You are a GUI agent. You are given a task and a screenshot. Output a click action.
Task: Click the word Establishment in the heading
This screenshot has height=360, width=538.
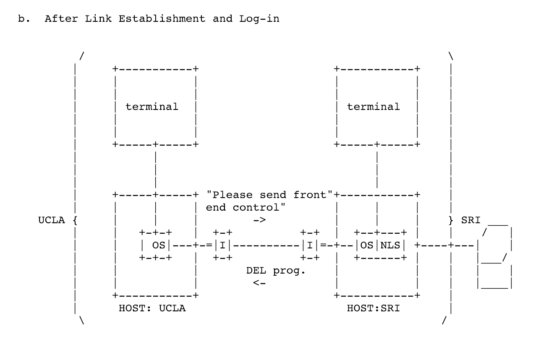(162, 19)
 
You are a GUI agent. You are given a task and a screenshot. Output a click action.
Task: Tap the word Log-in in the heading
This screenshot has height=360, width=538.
(259, 19)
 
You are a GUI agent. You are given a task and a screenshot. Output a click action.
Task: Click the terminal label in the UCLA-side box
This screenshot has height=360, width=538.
(152, 107)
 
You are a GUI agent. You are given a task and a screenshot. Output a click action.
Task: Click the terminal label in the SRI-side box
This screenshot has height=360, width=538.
(373, 107)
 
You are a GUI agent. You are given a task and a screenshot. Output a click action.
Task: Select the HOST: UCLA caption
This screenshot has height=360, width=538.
(152, 308)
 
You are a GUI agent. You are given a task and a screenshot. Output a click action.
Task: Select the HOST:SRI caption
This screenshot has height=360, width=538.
(373, 308)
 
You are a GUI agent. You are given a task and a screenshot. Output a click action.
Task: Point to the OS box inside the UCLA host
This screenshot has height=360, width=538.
(156, 245)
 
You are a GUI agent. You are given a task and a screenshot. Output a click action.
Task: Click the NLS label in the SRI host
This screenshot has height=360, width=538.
(390, 245)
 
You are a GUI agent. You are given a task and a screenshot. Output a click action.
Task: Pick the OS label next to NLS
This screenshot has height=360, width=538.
(367, 245)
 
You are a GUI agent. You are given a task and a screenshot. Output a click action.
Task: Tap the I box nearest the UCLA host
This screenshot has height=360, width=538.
(223, 245)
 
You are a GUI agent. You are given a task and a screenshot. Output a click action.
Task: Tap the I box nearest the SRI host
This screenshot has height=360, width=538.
(310, 245)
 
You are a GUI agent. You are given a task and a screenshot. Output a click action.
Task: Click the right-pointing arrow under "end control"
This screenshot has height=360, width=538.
(260, 220)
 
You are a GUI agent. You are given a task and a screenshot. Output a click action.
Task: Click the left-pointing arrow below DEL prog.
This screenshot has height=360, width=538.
(259, 283)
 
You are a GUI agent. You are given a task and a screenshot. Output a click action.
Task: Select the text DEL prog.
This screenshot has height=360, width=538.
(276, 271)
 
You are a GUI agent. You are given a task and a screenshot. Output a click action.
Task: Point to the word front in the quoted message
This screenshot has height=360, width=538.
(310, 195)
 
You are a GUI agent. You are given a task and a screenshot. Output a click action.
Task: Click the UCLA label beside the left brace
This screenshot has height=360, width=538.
(52, 220)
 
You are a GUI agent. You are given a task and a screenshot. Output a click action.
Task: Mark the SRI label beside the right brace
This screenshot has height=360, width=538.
(471, 220)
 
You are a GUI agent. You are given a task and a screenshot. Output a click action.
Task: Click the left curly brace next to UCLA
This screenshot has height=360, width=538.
(75, 220)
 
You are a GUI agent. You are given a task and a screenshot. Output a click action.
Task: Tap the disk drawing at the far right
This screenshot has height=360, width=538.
(495, 257)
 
